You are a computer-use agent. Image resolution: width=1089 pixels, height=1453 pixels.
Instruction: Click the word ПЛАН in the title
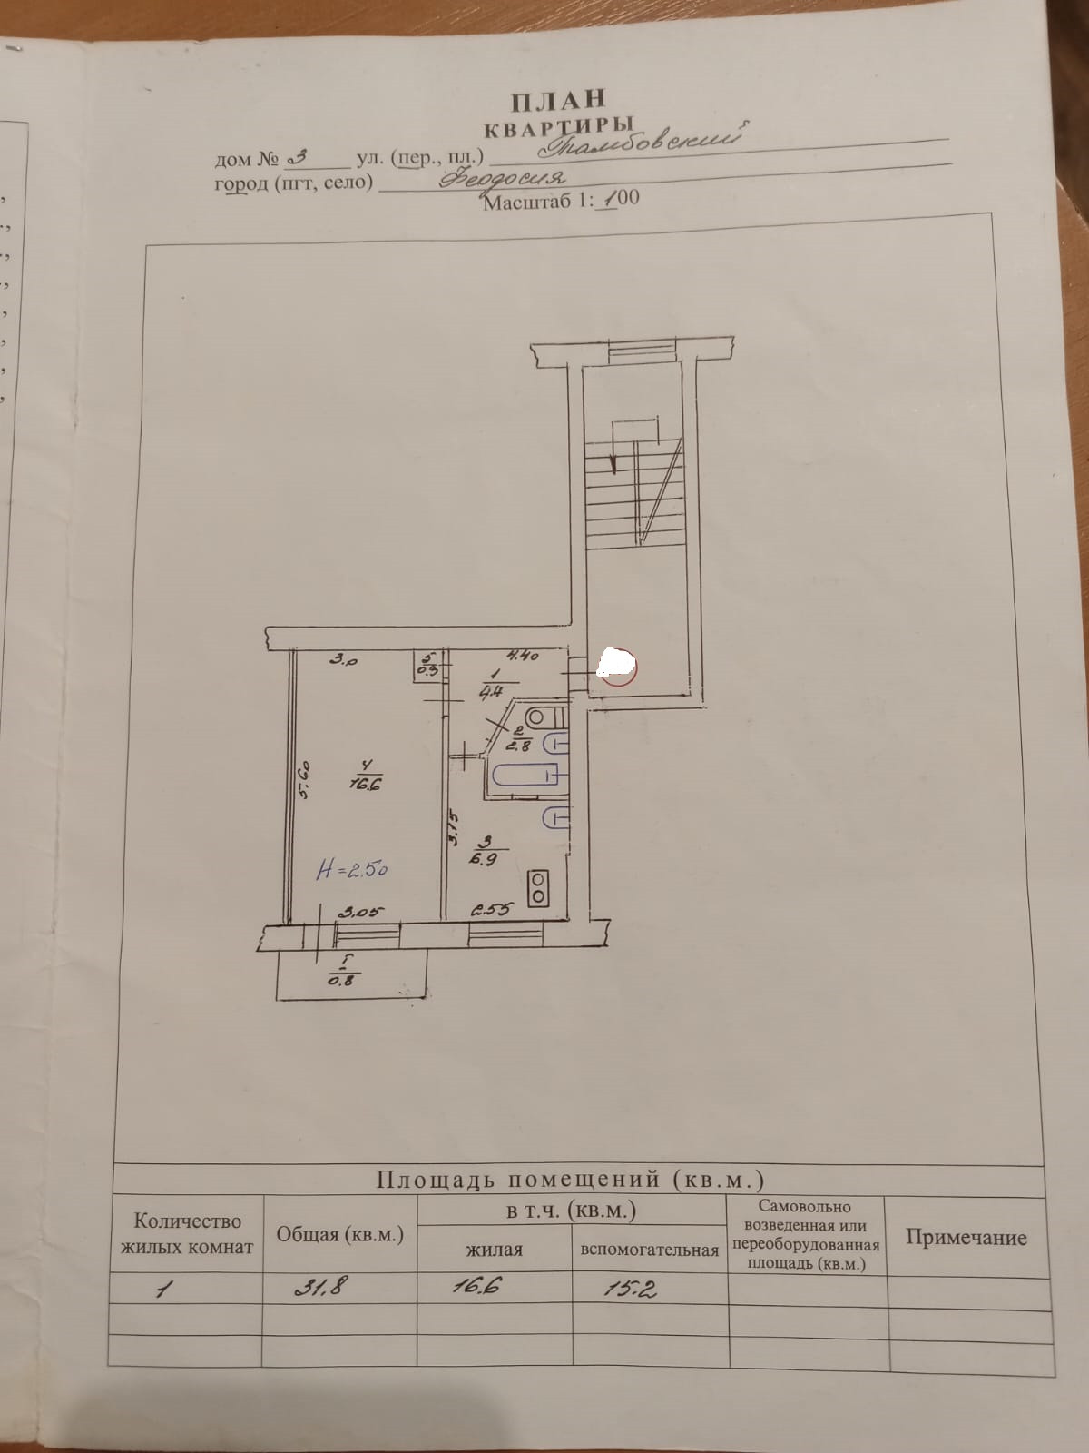[x=557, y=100]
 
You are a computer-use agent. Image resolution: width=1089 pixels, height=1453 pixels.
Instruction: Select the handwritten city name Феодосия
[x=502, y=179]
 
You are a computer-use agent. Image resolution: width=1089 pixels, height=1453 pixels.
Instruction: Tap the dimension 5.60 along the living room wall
[x=306, y=779]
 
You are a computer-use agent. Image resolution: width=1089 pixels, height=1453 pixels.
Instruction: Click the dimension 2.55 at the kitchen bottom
[x=492, y=908]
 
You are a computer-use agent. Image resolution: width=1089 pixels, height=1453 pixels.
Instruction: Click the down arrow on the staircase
[x=616, y=459]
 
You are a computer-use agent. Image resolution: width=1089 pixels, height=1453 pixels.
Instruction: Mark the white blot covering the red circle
[x=618, y=666]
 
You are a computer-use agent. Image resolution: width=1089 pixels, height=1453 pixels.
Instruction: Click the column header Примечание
[x=966, y=1238]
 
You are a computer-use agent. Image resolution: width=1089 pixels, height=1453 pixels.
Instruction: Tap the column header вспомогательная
[x=649, y=1250]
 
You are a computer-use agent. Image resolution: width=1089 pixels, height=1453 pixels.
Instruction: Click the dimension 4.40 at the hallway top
[x=524, y=654]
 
